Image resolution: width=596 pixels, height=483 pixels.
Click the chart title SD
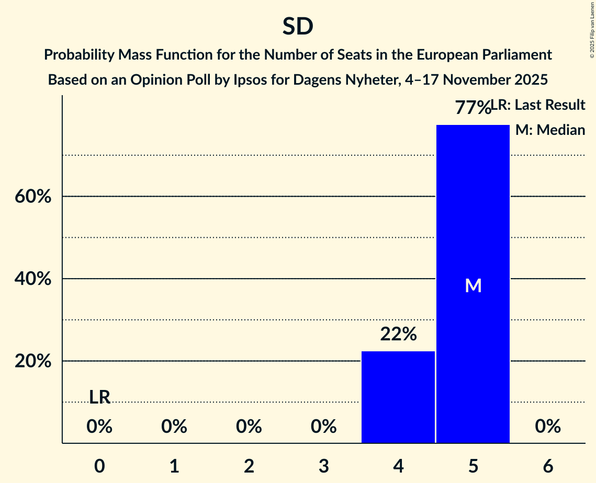(x=298, y=27)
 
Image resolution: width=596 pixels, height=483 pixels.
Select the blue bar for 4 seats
(x=398, y=397)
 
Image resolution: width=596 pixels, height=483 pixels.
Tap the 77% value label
(x=472, y=108)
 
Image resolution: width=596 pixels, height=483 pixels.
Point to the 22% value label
(x=398, y=334)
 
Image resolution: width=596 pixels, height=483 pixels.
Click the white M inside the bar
(x=473, y=285)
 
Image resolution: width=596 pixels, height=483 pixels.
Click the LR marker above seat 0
(x=99, y=397)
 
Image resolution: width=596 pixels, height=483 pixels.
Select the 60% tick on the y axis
(x=32, y=197)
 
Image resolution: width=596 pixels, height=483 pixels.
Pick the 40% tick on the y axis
(x=32, y=279)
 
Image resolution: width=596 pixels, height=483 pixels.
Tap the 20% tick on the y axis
(x=32, y=361)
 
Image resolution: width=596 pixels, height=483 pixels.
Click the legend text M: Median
(x=550, y=130)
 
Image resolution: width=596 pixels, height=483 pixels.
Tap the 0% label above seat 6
(x=548, y=427)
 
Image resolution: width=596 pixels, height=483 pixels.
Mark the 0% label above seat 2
(x=249, y=427)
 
